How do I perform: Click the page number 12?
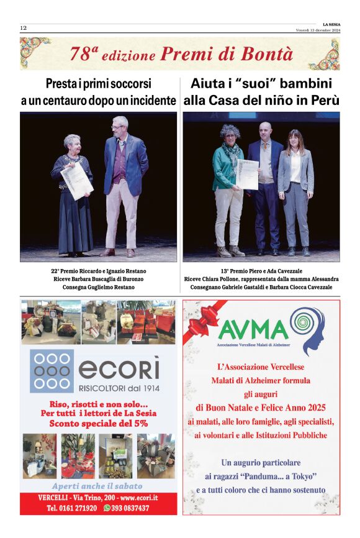[x=24, y=28]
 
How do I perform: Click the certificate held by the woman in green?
[x=246, y=174]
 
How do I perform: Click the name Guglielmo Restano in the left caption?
[x=119, y=287]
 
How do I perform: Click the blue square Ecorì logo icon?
[x=52, y=371]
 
